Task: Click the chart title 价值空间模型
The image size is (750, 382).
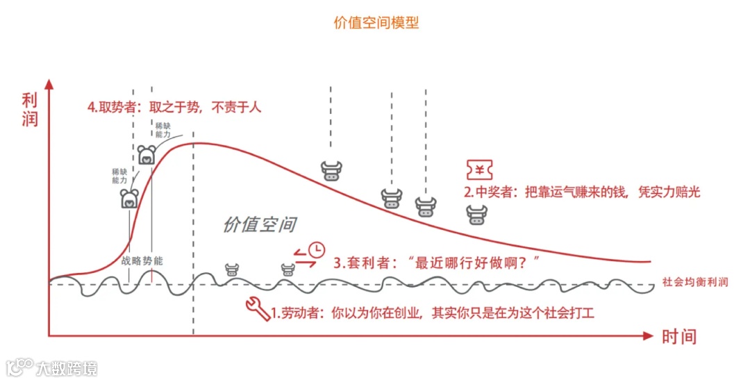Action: coord(376,22)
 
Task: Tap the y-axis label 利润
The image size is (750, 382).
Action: coord(29,109)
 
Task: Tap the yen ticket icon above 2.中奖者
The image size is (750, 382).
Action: coord(481,170)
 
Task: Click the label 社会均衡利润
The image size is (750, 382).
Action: coord(695,282)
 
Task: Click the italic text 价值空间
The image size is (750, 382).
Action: coord(259,224)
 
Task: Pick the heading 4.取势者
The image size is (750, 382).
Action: coord(115,107)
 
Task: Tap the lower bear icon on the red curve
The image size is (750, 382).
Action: coord(129,199)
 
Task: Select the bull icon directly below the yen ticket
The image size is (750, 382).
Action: coord(477,215)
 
